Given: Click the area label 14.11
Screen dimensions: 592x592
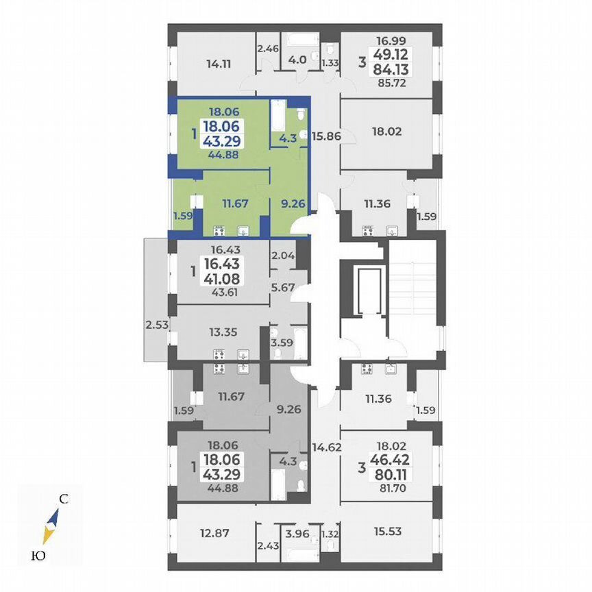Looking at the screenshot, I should tap(218, 66).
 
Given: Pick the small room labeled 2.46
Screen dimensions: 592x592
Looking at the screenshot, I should tap(268, 49).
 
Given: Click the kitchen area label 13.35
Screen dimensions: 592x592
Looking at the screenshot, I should tap(223, 333).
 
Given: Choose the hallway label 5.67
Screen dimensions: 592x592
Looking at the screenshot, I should tap(283, 288).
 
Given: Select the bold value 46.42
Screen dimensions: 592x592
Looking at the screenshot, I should tap(392, 459).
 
